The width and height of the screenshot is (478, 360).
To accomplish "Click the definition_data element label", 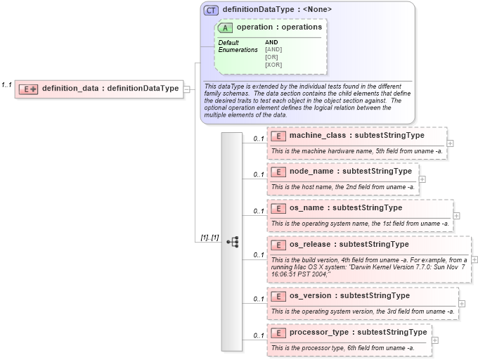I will [x=110, y=89].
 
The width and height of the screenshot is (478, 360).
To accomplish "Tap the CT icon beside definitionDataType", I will [x=211, y=10].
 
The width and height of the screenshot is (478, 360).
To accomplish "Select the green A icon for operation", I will [x=225, y=27].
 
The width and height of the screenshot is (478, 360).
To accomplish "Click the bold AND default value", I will [x=271, y=42].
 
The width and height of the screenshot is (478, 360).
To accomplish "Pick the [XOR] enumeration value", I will [x=273, y=65].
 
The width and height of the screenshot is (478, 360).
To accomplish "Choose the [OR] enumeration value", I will [x=271, y=57].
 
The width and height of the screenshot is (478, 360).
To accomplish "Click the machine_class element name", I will [x=357, y=135].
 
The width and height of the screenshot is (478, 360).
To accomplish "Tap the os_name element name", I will [x=346, y=207].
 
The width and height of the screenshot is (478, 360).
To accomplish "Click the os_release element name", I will [x=349, y=245].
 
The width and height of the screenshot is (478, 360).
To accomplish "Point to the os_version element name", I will [x=349, y=295].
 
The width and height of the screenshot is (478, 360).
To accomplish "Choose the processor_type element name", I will [x=358, y=332].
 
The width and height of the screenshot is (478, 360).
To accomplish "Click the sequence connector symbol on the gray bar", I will [x=232, y=241].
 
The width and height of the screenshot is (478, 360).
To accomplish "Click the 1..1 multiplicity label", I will [x=6, y=84].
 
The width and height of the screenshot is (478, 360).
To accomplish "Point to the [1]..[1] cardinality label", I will [x=209, y=238].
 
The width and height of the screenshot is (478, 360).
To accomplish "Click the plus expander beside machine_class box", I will [x=450, y=143].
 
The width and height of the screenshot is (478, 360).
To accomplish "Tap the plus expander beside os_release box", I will [x=474, y=259].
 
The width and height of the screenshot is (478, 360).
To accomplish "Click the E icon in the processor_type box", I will [x=278, y=332].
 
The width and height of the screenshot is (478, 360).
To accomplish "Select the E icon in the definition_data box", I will [x=27, y=89].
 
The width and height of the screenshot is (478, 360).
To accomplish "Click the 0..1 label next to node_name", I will [x=258, y=175].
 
